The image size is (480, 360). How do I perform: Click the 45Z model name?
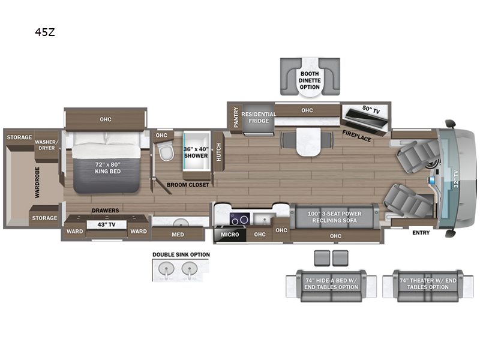click(x=44, y=32)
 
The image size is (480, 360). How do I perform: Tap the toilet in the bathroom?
click(x=166, y=152)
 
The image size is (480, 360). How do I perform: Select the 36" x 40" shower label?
click(x=196, y=152)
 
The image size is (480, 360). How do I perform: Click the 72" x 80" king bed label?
click(x=107, y=168)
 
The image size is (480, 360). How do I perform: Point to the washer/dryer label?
click(x=46, y=145)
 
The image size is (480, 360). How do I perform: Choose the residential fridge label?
click(x=259, y=118)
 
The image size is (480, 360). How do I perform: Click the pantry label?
click(x=236, y=117)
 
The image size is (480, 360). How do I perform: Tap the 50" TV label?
click(x=371, y=110)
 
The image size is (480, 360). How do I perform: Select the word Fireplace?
click(x=356, y=136)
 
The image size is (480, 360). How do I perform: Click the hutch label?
click(x=218, y=152)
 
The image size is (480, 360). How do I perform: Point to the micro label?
click(x=230, y=235)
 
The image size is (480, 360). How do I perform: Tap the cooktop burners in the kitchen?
click(x=239, y=220)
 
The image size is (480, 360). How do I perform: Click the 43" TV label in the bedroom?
click(x=106, y=224)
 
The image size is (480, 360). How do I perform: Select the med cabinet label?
click(x=178, y=235)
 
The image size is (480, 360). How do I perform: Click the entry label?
click(x=421, y=233)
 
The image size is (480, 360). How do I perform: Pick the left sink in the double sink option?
click(x=166, y=269)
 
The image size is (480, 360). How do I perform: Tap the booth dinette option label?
click(x=310, y=80)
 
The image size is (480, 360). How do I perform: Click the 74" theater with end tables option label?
click(x=428, y=284)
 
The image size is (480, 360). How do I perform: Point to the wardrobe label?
click(x=37, y=182)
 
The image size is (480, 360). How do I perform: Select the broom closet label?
click(x=188, y=185)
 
